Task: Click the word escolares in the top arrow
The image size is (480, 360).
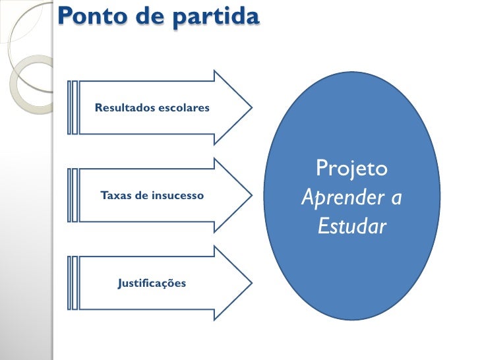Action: (x=184, y=107)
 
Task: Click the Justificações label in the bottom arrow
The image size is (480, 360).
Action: (x=152, y=284)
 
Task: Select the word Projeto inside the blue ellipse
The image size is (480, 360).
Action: (x=351, y=169)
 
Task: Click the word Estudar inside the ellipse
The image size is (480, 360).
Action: (x=351, y=227)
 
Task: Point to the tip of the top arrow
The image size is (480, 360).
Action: (x=251, y=107)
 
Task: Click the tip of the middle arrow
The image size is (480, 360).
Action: (x=251, y=195)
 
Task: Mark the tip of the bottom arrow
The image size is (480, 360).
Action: (x=251, y=284)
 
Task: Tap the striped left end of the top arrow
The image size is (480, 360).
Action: (x=73, y=107)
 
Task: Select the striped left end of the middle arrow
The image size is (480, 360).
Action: (x=73, y=196)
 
